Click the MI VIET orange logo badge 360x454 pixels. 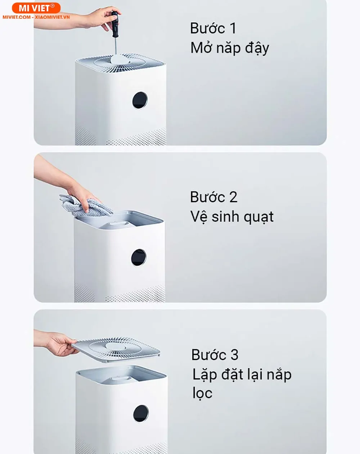(x=36, y=8)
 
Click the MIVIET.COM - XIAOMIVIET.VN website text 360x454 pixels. (x=36, y=17)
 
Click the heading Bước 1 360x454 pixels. (x=213, y=28)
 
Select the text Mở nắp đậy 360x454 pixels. (x=230, y=48)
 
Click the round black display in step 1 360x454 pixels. (x=140, y=100)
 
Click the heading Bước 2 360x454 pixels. (x=213, y=197)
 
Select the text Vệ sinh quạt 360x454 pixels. (x=232, y=217)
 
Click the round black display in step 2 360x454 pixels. (x=139, y=258)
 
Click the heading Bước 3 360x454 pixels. (x=215, y=355)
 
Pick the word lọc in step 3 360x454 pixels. (x=202, y=393)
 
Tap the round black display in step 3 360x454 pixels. (x=141, y=413)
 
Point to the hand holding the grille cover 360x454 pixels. (x=59, y=344)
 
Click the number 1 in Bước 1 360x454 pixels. (x=232, y=28)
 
